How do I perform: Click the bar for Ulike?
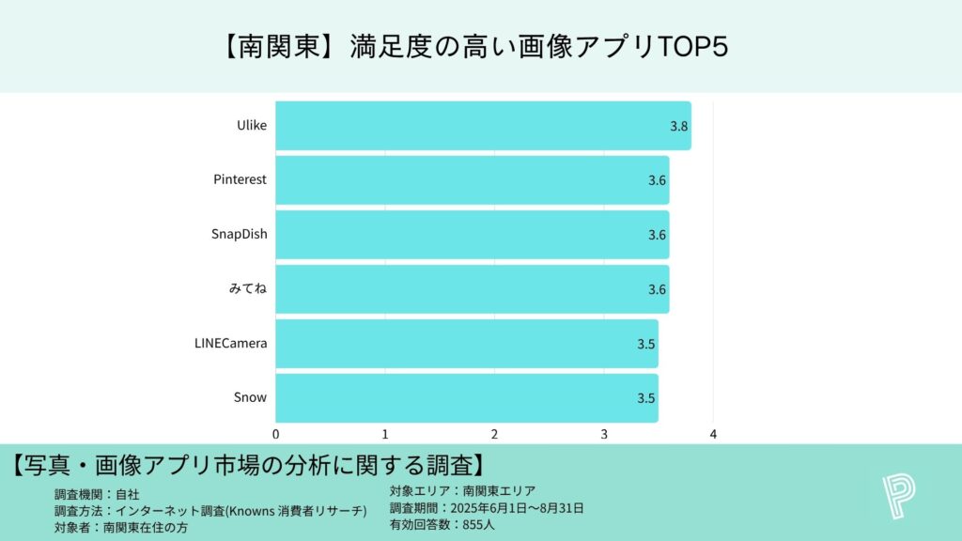(483, 126)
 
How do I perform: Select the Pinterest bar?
(472, 180)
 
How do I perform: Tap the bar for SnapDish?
(472, 235)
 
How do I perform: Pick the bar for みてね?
(472, 289)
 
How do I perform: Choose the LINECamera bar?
(466, 344)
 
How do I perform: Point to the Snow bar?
(466, 398)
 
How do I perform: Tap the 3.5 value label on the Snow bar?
(645, 398)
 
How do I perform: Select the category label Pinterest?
(240, 179)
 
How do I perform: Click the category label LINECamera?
(225, 343)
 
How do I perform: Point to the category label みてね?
(248, 288)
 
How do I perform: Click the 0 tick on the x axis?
(276, 434)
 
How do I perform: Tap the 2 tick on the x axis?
(495, 434)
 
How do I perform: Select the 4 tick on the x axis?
(714, 434)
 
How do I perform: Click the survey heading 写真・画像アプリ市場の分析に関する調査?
(249, 464)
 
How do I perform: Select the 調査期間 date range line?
(487, 508)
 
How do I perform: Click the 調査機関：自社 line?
(97, 493)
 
